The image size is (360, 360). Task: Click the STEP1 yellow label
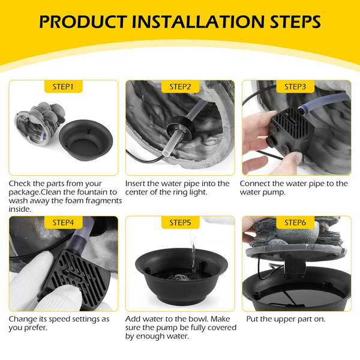63,86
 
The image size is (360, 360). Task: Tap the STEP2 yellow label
180,86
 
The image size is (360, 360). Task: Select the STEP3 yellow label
295,86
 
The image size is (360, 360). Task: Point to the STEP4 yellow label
63,223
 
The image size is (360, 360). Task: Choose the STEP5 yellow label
180,223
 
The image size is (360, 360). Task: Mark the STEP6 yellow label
295,223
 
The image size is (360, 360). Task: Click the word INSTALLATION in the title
199,22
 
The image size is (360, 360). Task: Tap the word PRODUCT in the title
83,22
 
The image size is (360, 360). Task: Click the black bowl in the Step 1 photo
86,140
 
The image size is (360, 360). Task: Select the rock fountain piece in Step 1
40,123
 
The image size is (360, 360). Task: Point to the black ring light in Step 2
181,128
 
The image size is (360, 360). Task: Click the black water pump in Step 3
290,130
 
